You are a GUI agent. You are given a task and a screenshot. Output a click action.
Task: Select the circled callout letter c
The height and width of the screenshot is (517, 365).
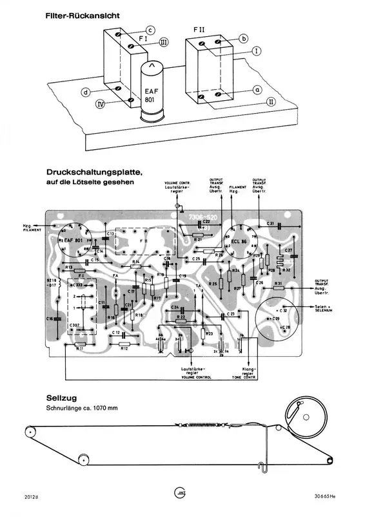click(149, 30)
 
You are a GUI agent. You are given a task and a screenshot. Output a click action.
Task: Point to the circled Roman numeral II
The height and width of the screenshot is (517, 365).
click(271, 101)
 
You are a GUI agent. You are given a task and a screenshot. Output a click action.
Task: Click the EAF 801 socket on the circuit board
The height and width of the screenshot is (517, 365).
click(73, 240)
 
